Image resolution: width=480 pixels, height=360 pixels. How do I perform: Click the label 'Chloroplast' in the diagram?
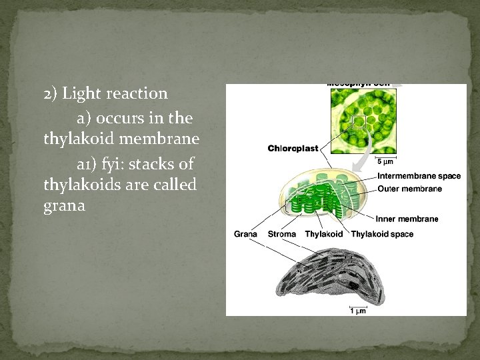click(293, 148)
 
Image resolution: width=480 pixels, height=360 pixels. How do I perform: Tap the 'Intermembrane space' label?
click(419, 176)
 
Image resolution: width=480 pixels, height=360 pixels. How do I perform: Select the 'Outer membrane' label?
click(409, 189)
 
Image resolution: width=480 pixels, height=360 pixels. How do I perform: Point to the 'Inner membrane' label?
click(407, 219)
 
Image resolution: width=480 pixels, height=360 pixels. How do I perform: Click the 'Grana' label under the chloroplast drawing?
click(246, 234)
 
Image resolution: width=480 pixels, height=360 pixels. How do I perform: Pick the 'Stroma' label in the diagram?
click(282, 234)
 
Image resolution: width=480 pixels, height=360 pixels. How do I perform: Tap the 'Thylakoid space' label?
click(382, 234)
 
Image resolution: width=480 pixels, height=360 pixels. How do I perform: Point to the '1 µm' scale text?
click(359, 309)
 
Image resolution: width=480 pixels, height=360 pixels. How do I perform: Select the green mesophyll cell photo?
click(363, 120)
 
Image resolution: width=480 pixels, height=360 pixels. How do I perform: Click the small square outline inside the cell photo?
click(359, 121)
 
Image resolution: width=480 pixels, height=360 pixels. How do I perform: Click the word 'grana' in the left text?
click(64, 206)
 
